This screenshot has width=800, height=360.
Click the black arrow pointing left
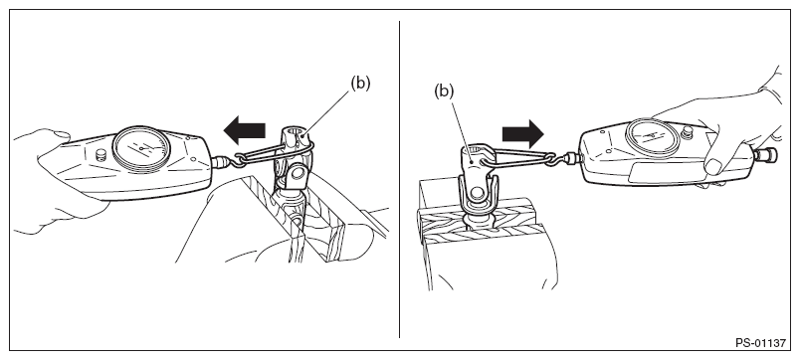coord(244,130)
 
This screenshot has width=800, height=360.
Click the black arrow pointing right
coord(523,134)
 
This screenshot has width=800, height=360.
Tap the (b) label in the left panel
coord(360,83)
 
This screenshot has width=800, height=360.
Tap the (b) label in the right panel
coord(444,90)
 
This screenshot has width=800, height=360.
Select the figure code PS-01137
coord(761,343)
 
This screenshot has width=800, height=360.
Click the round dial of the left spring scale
coord(140,148)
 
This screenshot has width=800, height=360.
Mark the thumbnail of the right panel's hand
coord(712,166)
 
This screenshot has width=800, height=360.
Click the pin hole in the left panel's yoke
coord(298,176)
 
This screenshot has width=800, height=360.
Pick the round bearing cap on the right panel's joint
coord(478,193)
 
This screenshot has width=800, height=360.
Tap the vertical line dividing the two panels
coord(399,179)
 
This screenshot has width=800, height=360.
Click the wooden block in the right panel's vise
coord(477,219)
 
